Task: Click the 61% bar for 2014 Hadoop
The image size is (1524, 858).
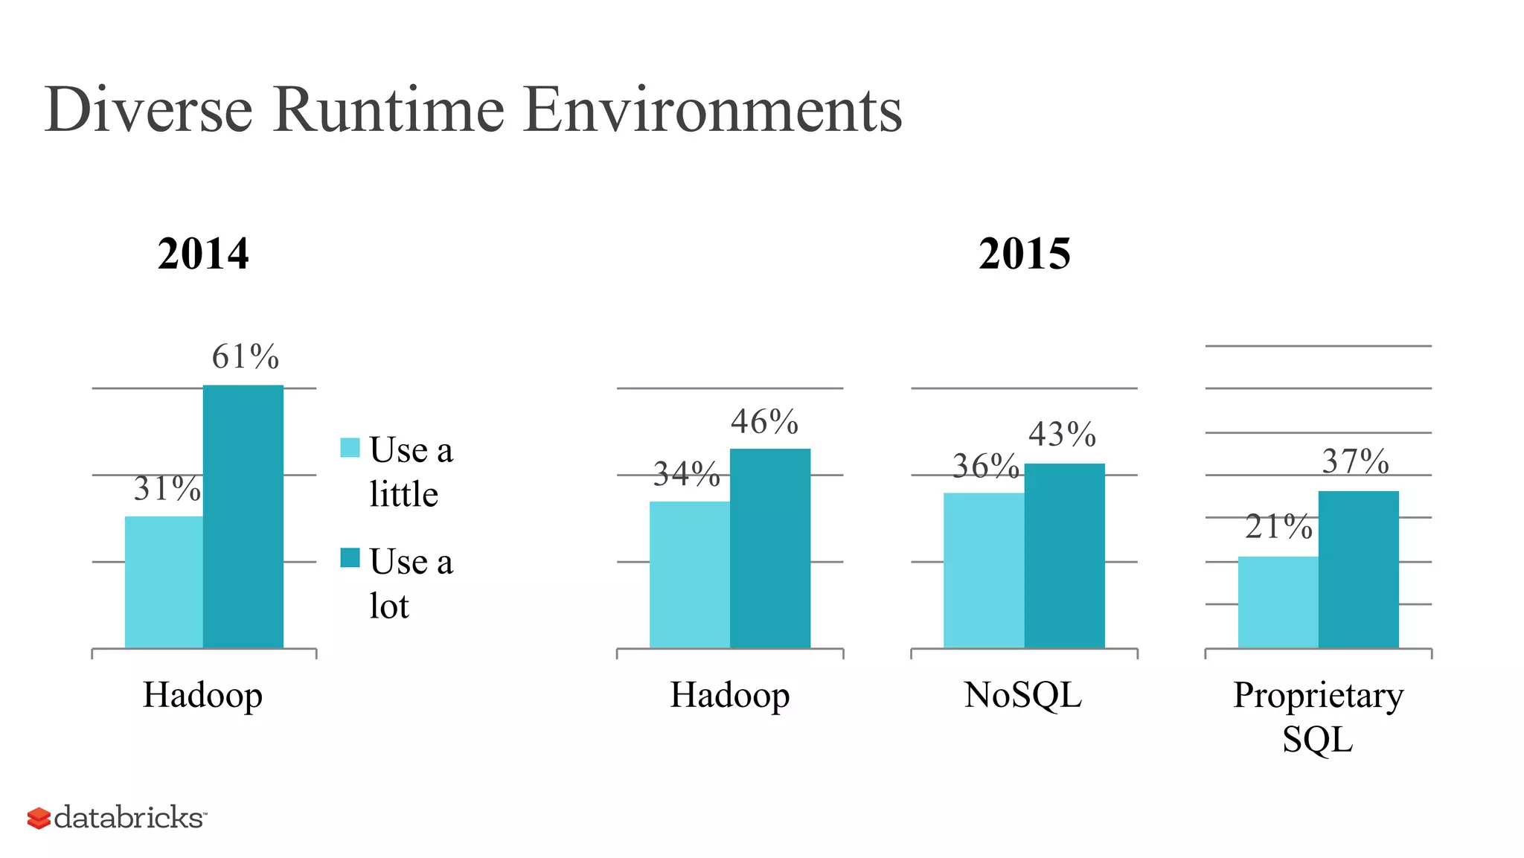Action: (x=243, y=516)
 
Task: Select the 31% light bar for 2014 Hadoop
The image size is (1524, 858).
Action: (x=164, y=582)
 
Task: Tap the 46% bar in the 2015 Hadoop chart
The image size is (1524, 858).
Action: (x=769, y=548)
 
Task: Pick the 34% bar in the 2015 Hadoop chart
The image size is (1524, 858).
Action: (x=689, y=574)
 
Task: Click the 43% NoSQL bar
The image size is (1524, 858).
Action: (x=1064, y=556)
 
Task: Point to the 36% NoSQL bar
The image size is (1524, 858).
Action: (x=984, y=570)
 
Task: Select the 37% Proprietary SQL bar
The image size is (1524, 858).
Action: (x=1358, y=569)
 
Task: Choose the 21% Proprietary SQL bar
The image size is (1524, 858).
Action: (x=1278, y=602)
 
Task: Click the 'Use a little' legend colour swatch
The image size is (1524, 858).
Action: (x=350, y=447)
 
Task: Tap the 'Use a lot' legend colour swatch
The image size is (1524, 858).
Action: (x=350, y=557)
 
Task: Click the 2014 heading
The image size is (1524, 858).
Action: (x=203, y=254)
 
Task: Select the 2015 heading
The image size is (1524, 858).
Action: (x=1024, y=254)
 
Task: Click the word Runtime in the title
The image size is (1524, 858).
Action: (x=388, y=110)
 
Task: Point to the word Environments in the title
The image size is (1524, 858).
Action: (x=712, y=110)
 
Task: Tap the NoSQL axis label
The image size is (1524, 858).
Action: (x=1022, y=695)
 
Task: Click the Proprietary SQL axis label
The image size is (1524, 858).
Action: (x=1318, y=716)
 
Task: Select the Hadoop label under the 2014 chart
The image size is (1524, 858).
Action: (x=202, y=695)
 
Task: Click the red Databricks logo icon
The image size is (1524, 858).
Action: (x=39, y=818)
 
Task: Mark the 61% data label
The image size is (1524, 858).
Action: (x=245, y=356)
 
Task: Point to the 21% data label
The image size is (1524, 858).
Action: (x=1278, y=527)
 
